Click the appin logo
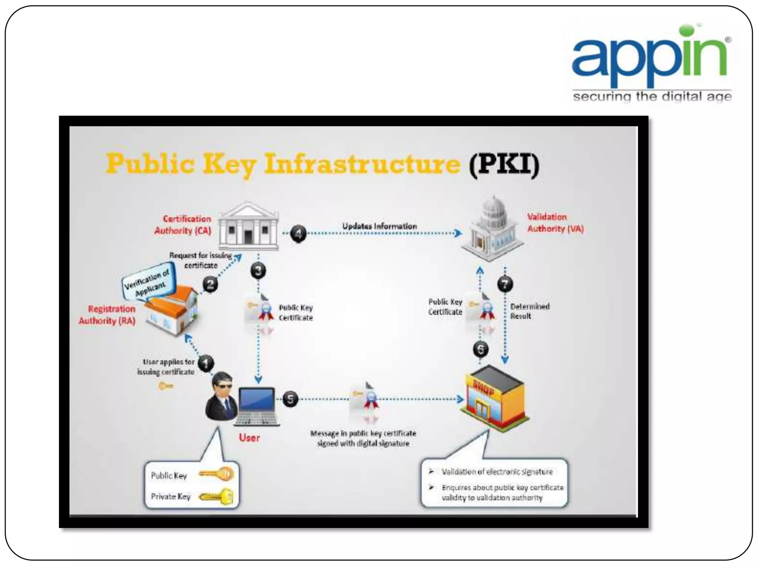651,63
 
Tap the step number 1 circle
206,363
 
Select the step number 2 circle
210,284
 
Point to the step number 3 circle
258,271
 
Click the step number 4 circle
298,233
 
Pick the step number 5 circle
290,399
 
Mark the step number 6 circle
480,349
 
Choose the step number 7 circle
505,284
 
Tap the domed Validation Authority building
493,229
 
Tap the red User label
249,438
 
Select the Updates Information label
379,226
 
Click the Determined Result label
529,311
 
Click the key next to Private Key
216,497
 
